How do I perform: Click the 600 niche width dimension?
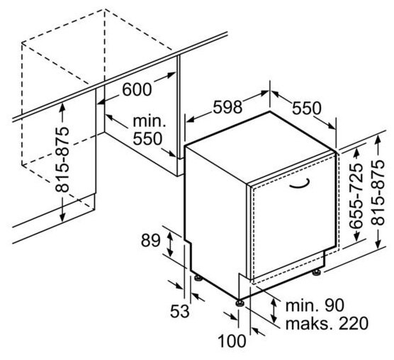137,89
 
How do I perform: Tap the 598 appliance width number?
227,106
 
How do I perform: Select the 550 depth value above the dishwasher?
307,108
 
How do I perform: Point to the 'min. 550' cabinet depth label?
149,130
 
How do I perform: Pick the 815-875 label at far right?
378,193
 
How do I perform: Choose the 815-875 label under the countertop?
62,159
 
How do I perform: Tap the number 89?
150,240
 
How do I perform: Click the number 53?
180,311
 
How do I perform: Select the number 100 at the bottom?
232,341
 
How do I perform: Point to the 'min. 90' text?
315,305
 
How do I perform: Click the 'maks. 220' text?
327,323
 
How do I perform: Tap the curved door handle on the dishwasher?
299,186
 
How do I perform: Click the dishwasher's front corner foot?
240,303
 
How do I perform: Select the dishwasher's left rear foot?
198,278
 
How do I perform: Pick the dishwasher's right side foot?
317,272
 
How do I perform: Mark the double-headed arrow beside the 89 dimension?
170,244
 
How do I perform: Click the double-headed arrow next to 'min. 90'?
274,310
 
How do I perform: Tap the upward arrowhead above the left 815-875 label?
62,107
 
